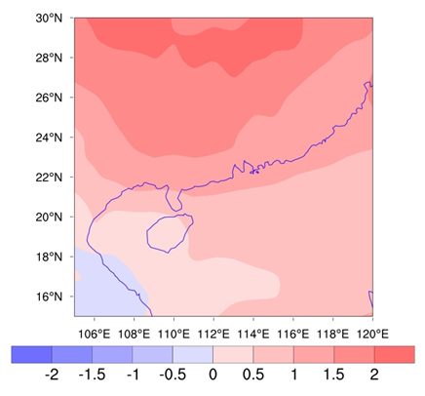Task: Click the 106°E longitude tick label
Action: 94,331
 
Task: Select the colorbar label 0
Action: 212,376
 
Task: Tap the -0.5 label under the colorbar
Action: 172,376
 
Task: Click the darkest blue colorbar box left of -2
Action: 29,354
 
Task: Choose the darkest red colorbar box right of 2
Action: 394,354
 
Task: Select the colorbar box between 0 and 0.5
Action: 232,354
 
